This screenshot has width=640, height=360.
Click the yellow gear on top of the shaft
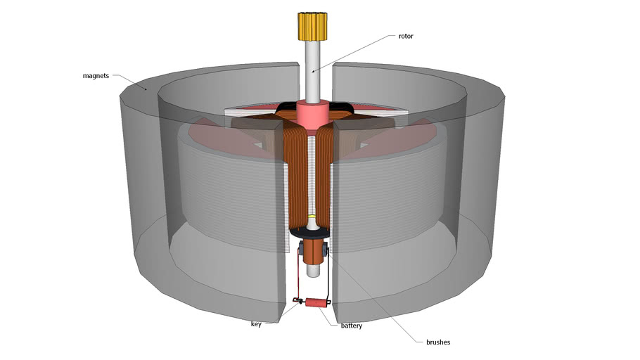[x=312, y=27]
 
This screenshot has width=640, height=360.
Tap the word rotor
[x=406, y=37]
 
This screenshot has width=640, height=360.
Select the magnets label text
[x=96, y=75]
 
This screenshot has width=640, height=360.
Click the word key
[x=256, y=324]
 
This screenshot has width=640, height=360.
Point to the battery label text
[x=352, y=326]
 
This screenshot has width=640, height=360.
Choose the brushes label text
[x=438, y=342]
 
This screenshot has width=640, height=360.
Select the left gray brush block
[x=301, y=249]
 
